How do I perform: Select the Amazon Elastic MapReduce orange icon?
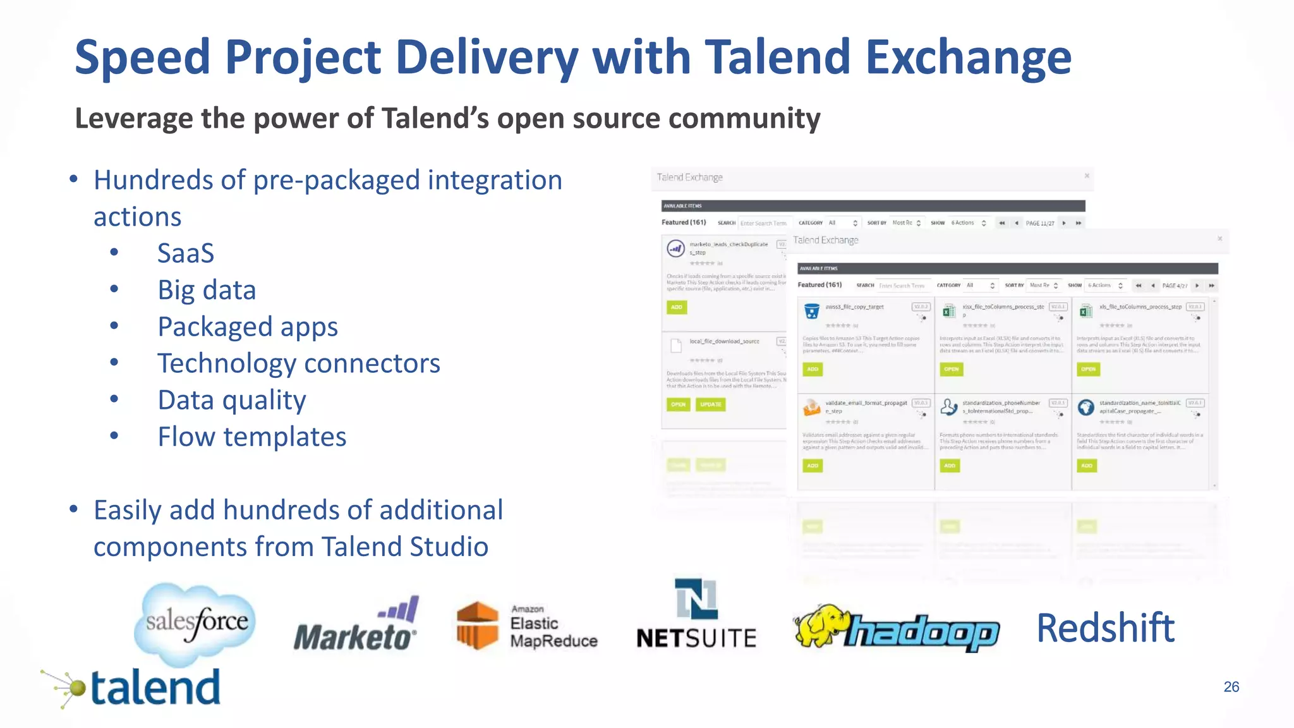(x=478, y=626)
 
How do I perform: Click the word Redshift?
(x=1106, y=628)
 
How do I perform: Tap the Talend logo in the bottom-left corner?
(x=133, y=688)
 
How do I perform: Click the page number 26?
(x=1231, y=687)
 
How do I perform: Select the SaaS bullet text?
(x=186, y=253)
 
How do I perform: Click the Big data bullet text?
(x=207, y=290)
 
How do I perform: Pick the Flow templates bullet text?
(x=251, y=437)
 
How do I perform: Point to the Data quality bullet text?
(x=231, y=400)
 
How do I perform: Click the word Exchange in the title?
(x=968, y=57)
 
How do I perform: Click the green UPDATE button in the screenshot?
(x=710, y=404)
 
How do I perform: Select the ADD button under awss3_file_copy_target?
(x=813, y=369)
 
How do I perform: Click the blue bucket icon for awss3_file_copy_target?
(x=811, y=311)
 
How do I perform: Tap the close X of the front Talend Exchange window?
(x=1219, y=239)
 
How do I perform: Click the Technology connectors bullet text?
(x=298, y=363)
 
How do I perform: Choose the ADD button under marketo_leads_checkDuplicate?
(x=676, y=307)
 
